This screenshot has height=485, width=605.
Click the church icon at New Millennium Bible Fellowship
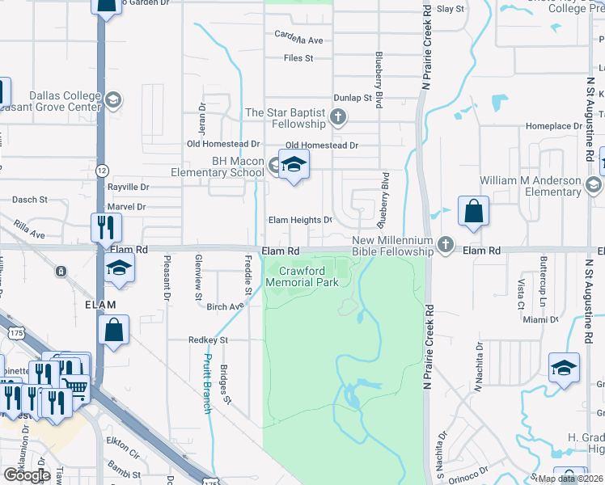click(445, 243)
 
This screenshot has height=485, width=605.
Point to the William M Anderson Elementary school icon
click(594, 187)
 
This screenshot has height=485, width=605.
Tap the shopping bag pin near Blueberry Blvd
click(473, 212)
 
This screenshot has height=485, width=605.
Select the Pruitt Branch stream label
click(207, 383)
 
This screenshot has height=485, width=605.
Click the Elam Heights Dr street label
click(300, 220)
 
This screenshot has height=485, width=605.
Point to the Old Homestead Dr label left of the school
click(222, 144)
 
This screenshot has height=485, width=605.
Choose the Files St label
click(298, 58)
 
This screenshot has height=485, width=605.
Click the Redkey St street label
click(208, 340)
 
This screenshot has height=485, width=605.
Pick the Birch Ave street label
click(224, 307)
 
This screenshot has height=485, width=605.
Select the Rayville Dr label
click(129, 187)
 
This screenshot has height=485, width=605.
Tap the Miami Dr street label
click(540, 320)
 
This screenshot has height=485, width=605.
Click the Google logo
click(27, 474)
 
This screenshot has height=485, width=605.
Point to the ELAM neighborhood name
click(100, 304)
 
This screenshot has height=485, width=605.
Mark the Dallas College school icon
click(112, 99)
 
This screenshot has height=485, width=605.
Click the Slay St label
click(451, 9)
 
